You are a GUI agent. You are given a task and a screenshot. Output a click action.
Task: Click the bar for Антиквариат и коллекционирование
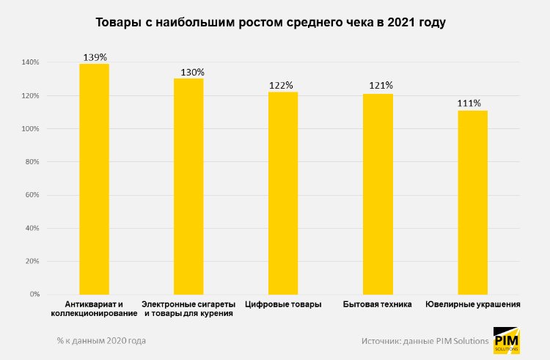[94, 179]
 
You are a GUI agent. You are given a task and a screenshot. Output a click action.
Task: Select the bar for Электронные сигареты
[188, 186]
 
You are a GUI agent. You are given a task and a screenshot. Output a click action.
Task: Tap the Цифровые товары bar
[283, 193]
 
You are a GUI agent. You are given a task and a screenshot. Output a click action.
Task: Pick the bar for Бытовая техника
[378, 194]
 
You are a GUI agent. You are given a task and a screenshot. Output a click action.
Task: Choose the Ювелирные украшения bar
[472, 202]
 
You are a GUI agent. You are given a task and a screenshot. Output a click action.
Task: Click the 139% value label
[95, 56]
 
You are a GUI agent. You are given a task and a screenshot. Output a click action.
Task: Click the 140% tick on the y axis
[30, 62]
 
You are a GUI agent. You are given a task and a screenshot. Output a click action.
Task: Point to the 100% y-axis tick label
[30, 129]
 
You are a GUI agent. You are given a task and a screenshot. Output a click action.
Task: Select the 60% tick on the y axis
[32, 195]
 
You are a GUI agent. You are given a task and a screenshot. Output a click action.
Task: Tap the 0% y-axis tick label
[34, 295]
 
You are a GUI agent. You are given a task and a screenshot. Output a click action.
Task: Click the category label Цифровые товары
[283, 304]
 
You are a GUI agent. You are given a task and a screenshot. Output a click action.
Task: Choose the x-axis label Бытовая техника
[378, 304]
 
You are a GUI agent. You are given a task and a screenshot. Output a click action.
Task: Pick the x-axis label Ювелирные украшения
[473, 304]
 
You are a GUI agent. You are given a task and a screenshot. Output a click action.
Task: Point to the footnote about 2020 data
[101, 341]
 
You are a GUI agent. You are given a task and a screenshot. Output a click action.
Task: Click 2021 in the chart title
[396, 23]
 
